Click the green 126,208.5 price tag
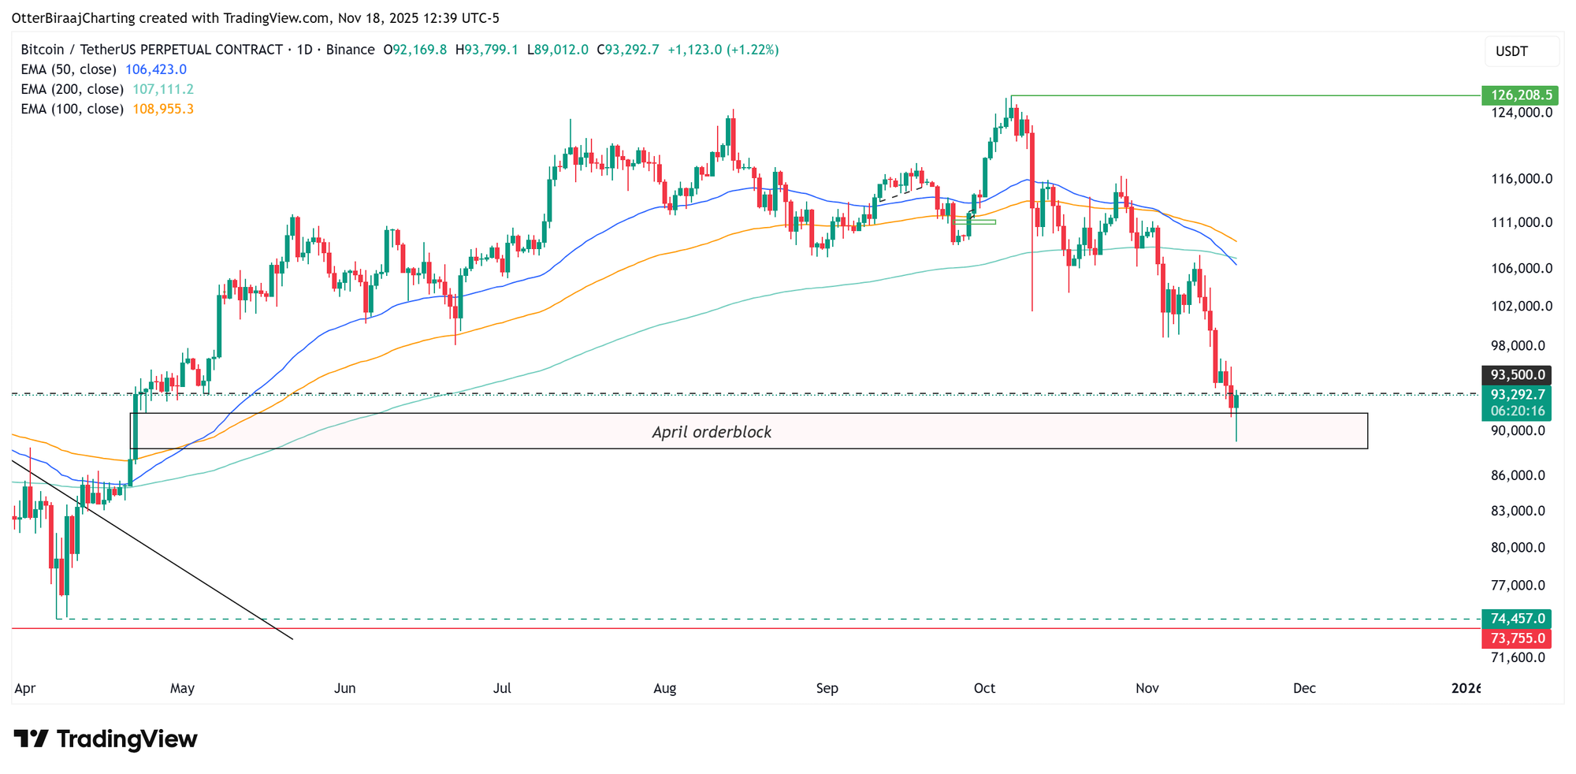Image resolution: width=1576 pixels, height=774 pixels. (1516, 95)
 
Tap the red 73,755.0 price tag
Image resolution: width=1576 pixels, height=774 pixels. (1516, 638)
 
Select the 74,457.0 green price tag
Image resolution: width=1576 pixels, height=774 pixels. (1516, 619)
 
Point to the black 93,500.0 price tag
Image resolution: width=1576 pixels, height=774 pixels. (1516, 375)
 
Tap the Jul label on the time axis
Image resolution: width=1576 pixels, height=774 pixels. (502, 688)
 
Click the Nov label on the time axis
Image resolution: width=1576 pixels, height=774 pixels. (1147, 688)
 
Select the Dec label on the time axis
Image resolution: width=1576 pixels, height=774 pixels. (1304, 688)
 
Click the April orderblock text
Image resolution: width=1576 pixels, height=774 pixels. (712, 432)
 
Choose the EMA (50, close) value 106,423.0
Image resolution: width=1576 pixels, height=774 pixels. (156, 69)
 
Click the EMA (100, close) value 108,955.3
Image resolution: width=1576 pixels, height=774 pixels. (162, 109)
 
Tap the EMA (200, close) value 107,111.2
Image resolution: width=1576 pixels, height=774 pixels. (162, 89)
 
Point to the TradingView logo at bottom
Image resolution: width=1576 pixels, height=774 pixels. (106, 739)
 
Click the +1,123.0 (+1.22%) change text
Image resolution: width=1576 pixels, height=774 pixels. (723, 50)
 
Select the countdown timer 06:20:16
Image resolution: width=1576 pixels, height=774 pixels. (1516, 411)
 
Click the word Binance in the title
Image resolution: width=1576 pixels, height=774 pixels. (350, 50)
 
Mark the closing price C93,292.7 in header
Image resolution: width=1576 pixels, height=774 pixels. (628, 50)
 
